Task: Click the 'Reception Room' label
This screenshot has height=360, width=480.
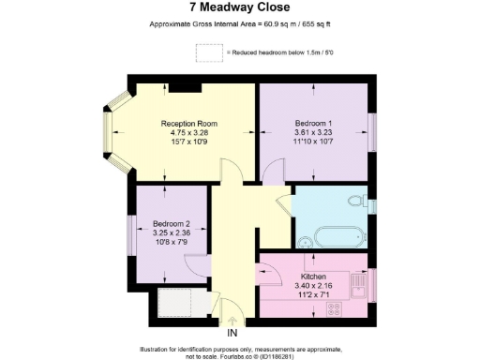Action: click(x=189, y=124)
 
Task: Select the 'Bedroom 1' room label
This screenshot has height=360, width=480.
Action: click(x=313, y=124)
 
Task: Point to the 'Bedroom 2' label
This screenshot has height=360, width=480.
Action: click(x=172, y=223)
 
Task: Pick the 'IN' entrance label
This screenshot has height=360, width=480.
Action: click(x=232, y=333)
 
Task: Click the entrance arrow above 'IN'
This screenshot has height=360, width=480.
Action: click(x=232, y=321)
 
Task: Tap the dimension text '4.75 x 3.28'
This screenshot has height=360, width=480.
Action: click(x=189, y=133)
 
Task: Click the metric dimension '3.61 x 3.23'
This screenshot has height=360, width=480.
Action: click(x=313, y=133)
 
